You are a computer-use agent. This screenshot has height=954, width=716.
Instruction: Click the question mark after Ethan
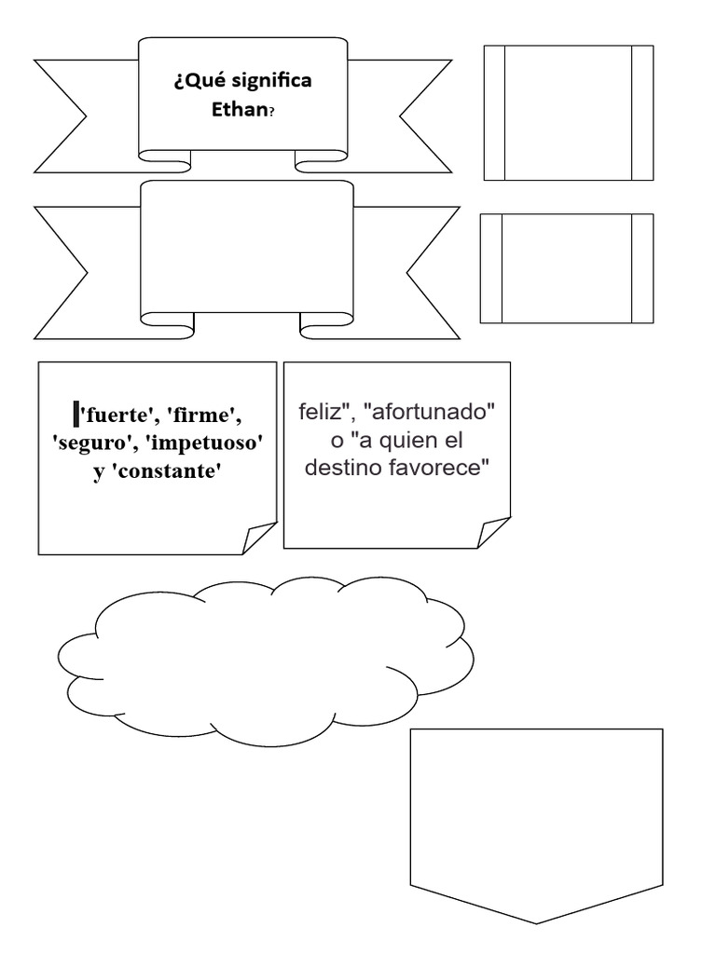[x=271, y=111]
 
